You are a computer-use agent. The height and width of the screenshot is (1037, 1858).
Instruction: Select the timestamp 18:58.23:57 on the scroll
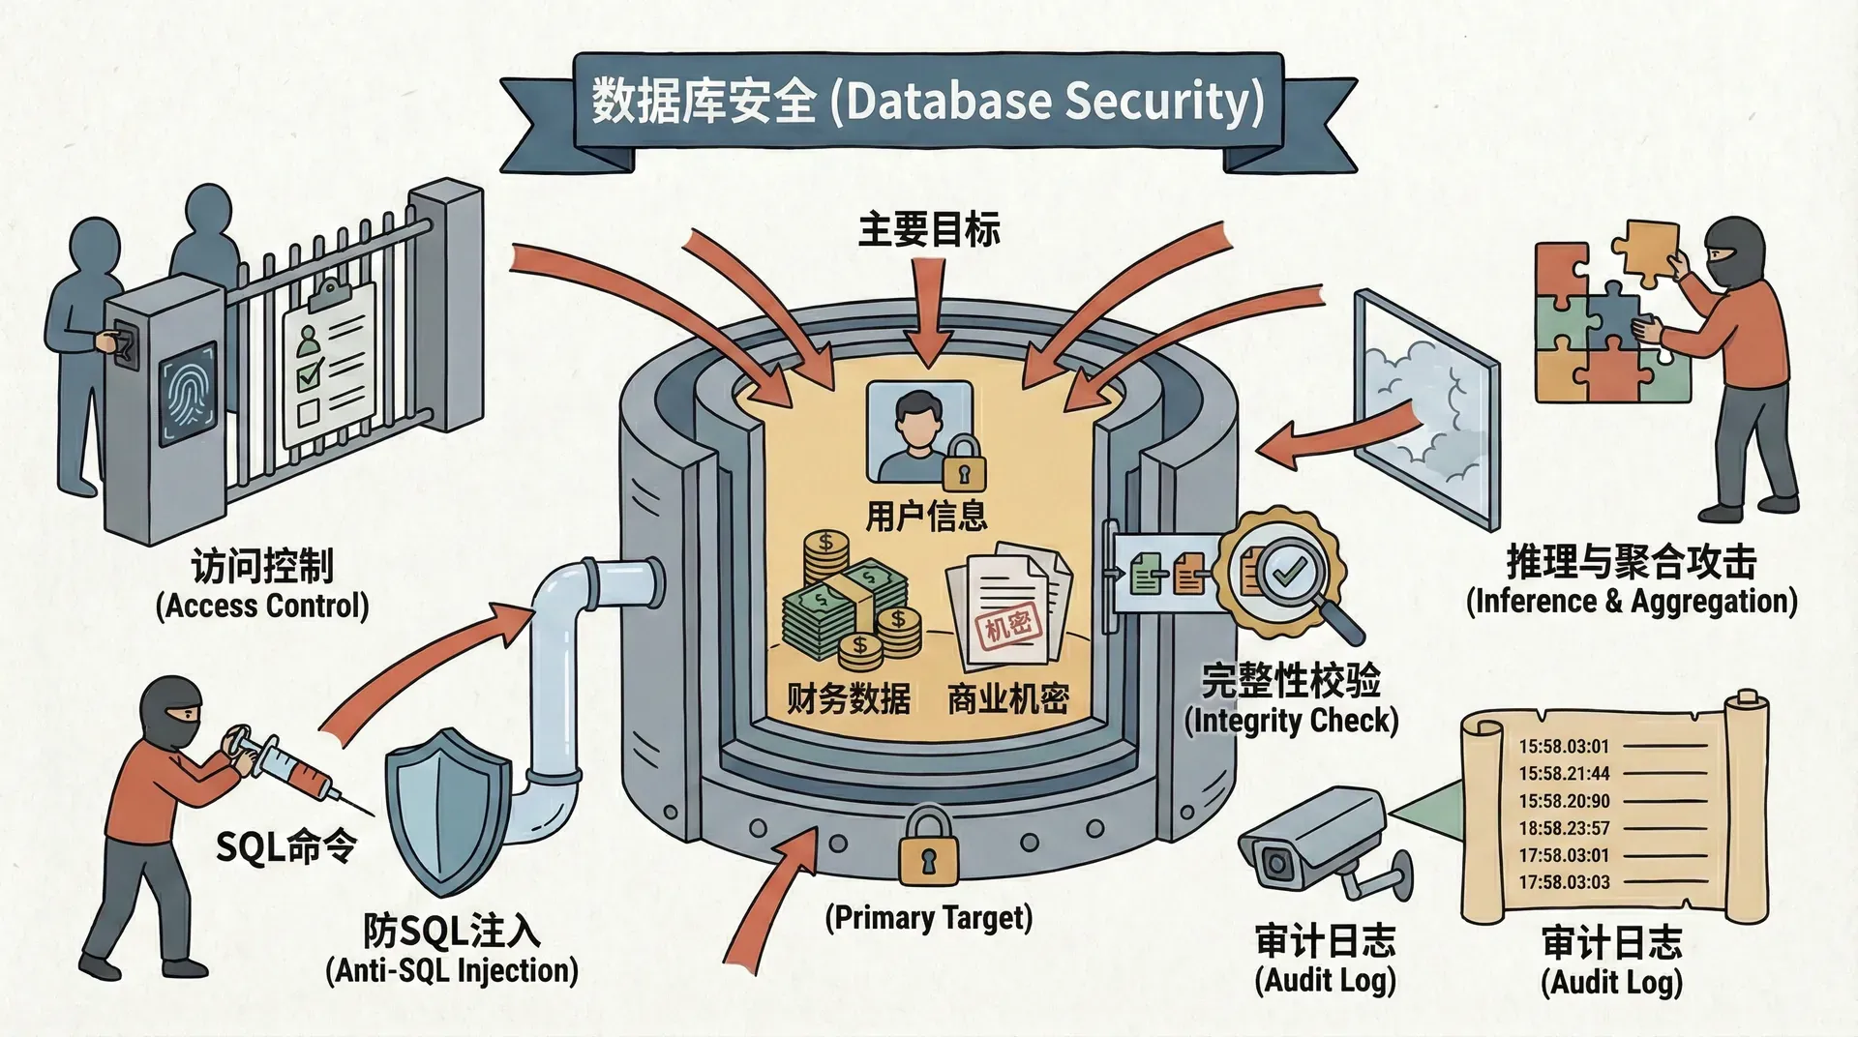(x=1564, y=828)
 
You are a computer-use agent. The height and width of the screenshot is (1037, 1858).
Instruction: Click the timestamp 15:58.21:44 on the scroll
(x=1564, y=774)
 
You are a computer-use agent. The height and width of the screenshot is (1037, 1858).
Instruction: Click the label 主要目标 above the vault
(x=929, y=230)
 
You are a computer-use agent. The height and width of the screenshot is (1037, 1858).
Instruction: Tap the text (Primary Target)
(x=928, y=917)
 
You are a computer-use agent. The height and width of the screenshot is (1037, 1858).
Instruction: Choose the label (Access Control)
(x=262, y=606)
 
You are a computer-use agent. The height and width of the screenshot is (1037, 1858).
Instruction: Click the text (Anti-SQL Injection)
(x=452, y=969)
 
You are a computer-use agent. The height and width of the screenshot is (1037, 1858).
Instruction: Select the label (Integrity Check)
(x=1291, y=721)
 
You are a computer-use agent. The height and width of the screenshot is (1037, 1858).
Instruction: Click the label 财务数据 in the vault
(x=848, y=697)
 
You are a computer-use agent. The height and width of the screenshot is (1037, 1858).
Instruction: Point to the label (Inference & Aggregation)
(x=1632, y=601)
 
